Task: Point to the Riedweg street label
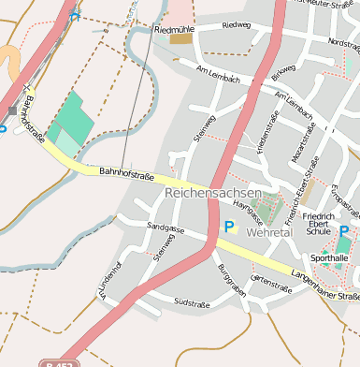click(238, 25)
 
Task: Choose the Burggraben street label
click(231, 281)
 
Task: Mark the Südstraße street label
click(192, 302)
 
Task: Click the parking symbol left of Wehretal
click(229, 226)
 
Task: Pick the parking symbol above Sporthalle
click(344, 231)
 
